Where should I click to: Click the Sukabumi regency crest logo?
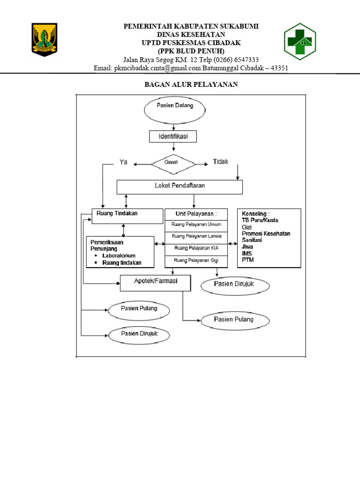pos(45,39)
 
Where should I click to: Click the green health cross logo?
pos(300,41)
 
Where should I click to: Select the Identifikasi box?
pos(173,136)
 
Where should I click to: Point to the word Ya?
pos(123,162)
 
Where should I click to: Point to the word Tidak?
pos(220,162)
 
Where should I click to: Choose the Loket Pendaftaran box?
pos(180,187)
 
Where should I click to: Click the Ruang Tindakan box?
pos(127,216)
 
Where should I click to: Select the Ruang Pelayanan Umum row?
pos(196,226)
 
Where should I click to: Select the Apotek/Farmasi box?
pos(156,283)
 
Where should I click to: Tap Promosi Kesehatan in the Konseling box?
pos(266,233)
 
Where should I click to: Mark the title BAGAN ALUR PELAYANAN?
pos(191,84)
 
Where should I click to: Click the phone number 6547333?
pos(247,60)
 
